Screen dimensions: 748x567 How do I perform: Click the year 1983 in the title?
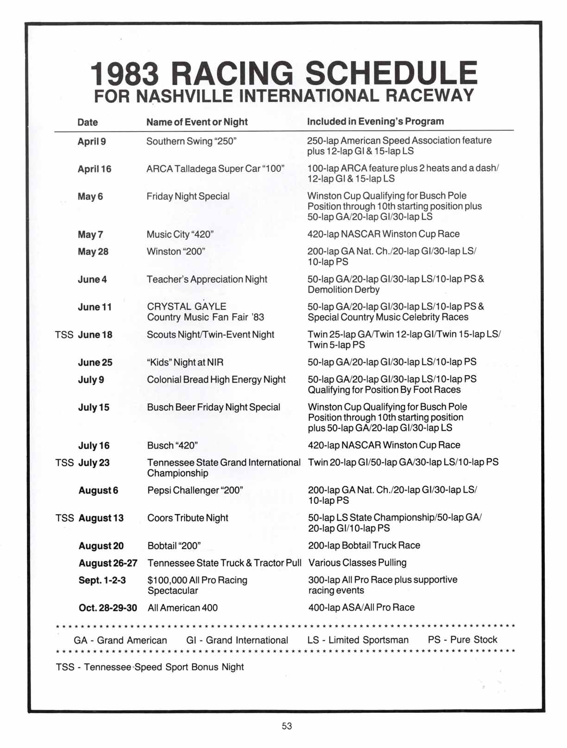(x=125, y=74)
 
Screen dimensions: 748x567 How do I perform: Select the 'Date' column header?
(x=88, y=122)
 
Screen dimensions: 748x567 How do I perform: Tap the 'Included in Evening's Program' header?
(x=375, y=121)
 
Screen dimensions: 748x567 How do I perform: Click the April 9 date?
(x=92, y=141)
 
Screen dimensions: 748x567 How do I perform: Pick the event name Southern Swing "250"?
(x=191, y=141)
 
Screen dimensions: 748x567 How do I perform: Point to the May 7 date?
(x=90, y=234)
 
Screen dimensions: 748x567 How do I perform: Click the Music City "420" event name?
(x=180, y=234)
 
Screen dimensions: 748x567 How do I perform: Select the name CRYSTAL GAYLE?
(x=187, y=307)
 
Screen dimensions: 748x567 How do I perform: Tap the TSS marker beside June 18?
(x=64, y=334)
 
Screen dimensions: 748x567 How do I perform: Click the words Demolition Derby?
(x=344, y=290)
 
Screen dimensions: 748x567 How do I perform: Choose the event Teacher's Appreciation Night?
(x=207, y=279)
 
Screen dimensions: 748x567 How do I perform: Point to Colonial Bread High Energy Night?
(x=216, y=380)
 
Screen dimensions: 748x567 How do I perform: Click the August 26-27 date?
(x=108, y=563)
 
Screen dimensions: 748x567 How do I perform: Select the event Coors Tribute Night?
(x=188, y=518)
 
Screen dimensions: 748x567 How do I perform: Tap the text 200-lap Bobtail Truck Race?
(x=364, y=545)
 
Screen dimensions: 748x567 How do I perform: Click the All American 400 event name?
(x=183, y=608)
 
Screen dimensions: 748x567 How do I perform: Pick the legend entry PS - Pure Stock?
(x=462, y=640)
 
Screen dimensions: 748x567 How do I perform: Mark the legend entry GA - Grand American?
(x=120, y=640)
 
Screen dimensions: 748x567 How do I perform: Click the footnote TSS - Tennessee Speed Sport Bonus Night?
(x=150, y=667)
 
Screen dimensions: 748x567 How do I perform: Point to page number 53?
(x=287, y=726)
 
